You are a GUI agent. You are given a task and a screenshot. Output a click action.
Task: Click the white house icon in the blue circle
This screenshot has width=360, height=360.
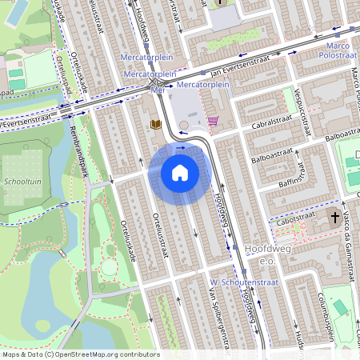(x=180, y=172)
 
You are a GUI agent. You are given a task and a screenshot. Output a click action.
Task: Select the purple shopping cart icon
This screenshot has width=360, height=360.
(x=213, y=122)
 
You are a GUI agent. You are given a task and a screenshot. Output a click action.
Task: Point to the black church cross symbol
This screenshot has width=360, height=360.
(x=332, y=217)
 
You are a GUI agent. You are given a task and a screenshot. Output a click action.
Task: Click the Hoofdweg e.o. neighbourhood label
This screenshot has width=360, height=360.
(x=266, y=254)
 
